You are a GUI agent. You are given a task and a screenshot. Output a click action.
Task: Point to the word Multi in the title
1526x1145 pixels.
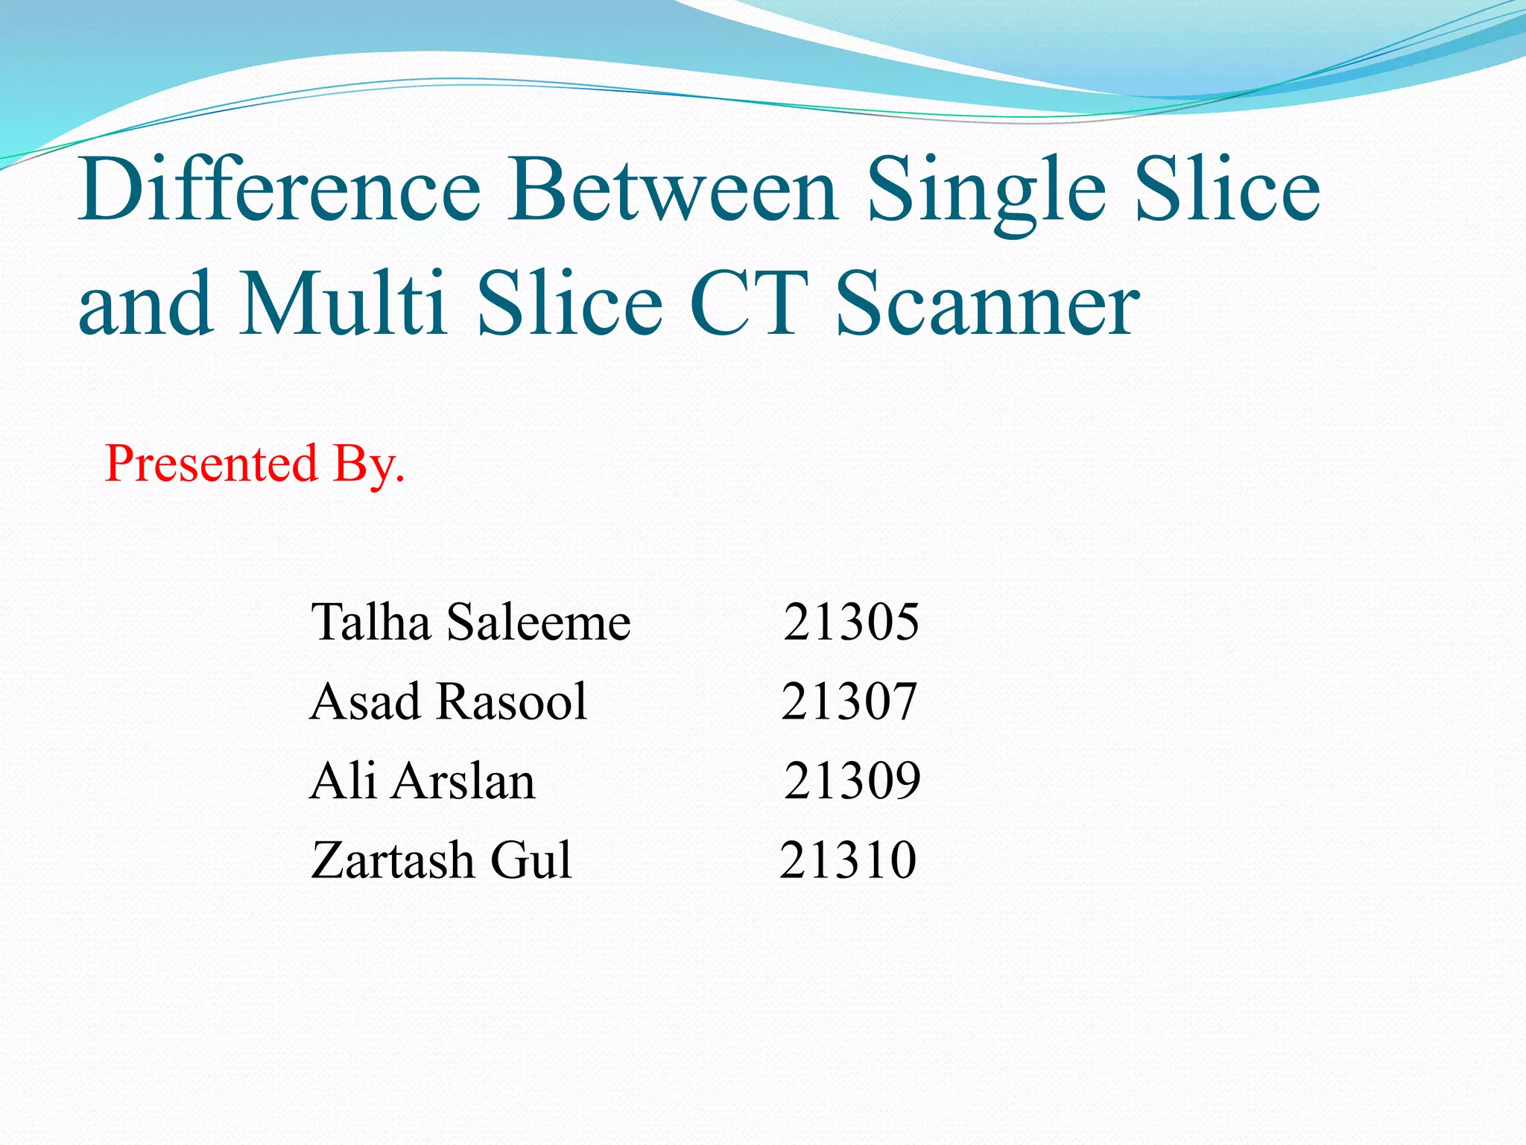[343, 304]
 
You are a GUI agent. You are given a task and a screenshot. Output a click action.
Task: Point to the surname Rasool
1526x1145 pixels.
[512, 701]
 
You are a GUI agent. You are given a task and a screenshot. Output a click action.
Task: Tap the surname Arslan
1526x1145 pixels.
[463, 780]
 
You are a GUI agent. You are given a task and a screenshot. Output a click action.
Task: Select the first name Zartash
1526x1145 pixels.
[392, 860]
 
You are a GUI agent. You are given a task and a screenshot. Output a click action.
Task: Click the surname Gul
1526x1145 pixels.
[531, 860]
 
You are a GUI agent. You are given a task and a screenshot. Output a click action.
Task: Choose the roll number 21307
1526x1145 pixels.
[849, 701]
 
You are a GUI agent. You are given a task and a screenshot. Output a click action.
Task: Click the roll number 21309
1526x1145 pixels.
[852, 780]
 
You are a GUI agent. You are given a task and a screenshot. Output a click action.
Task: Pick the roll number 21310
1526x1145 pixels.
[848, 860]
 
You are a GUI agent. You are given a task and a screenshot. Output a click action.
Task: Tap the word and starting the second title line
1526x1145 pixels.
[145, 304]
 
